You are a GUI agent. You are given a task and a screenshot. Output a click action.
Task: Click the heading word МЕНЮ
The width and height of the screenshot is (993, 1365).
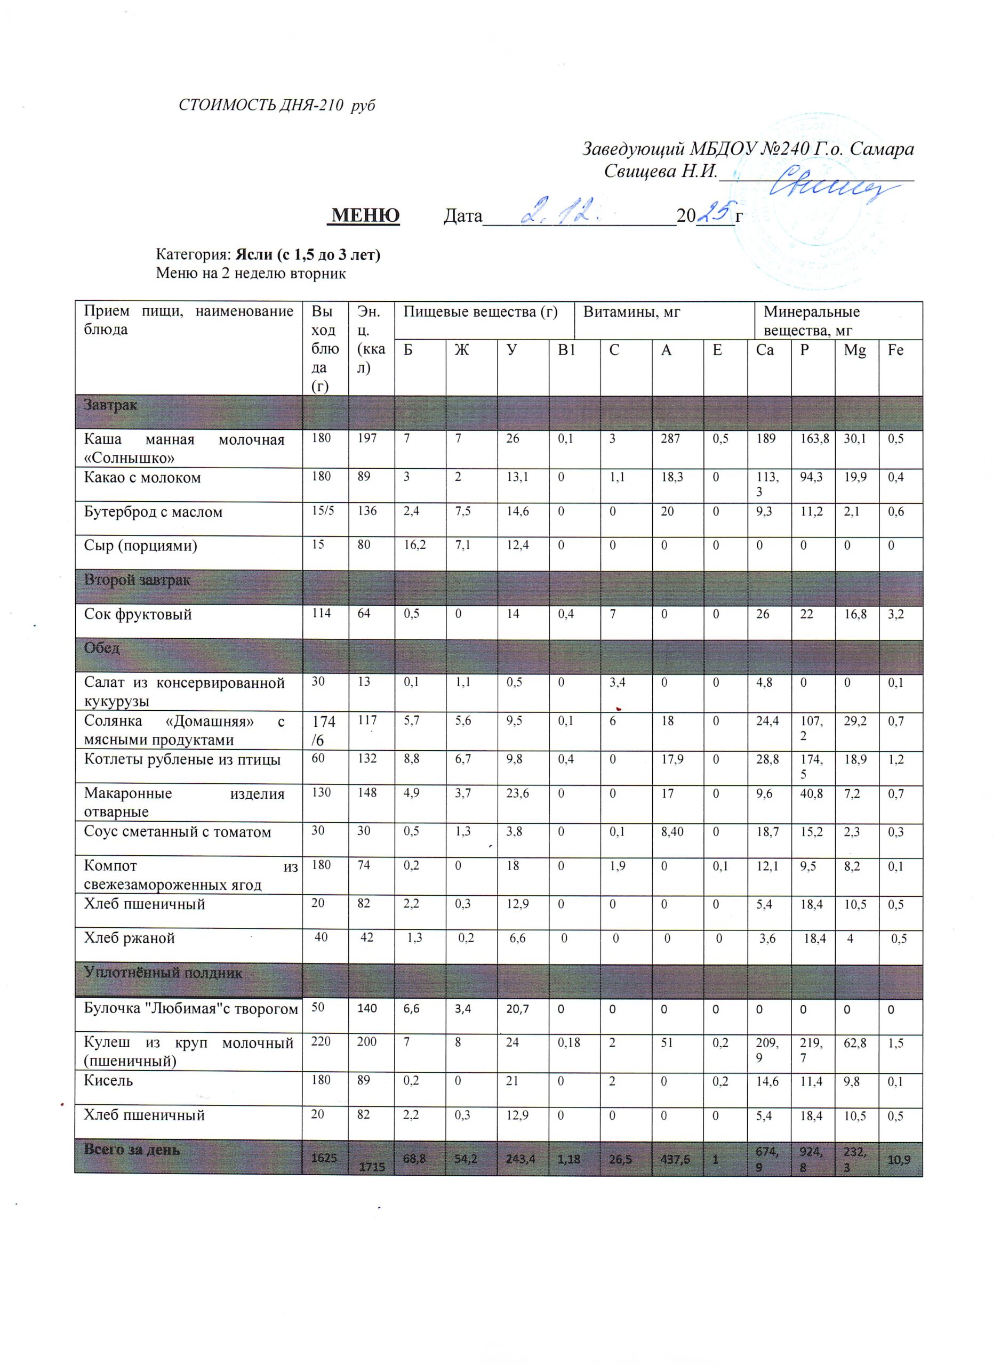point(365,215)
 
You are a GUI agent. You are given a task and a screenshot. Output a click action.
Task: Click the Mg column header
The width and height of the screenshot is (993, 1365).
point(854,350)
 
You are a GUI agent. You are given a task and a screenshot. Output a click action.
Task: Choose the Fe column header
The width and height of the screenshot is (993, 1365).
point(895,350)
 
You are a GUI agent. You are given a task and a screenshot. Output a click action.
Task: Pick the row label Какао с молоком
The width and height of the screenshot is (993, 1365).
point(142,478)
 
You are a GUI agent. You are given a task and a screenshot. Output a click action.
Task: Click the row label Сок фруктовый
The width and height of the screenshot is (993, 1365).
point(138,614)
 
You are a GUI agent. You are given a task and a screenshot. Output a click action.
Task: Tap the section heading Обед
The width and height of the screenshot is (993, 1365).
point(102,648)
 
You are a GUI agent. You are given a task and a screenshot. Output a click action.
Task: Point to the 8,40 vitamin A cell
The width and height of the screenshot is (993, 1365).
point(671,832)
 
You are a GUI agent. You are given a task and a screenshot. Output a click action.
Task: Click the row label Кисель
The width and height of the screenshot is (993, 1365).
point(108,1080)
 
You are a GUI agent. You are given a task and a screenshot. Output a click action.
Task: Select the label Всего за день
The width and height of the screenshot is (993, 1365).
point(132,1150)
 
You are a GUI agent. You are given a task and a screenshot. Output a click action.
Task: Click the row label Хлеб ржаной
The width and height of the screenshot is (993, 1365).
point(130,938)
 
